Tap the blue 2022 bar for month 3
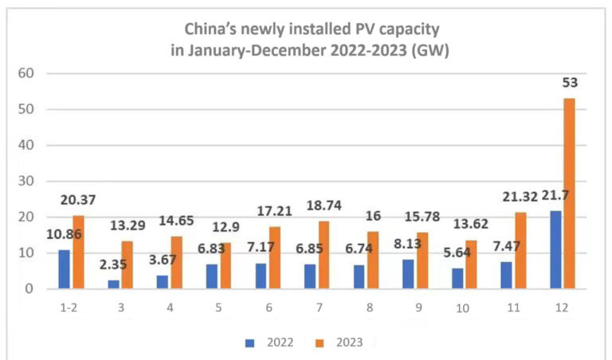pos(114,284)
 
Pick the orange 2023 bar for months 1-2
pos(77,252)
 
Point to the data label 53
pos(569,83)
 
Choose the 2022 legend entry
pos(269,342)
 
